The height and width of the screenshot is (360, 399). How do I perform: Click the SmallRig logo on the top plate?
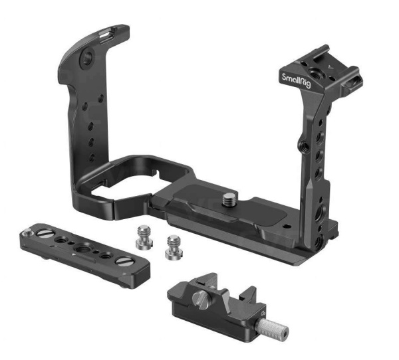[296, 80]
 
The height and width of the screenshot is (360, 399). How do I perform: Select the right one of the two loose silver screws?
[174, 248]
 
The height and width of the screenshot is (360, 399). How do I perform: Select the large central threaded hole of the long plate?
[81, 246]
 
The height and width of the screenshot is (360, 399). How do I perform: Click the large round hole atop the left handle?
[87, 58]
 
